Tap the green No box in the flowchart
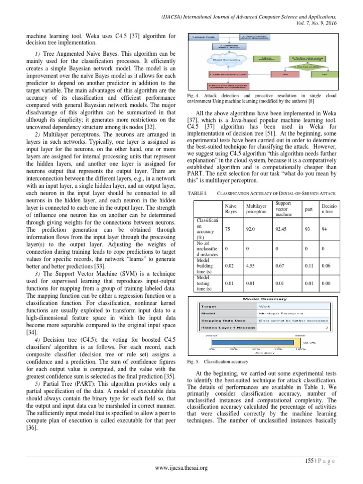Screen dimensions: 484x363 pos(324,74)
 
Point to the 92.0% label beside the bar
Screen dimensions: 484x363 pos(309,342)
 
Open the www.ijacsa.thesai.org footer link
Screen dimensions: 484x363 pos(182,468)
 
